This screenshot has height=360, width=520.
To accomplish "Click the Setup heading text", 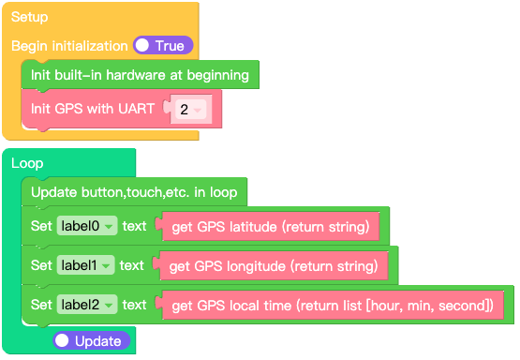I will pos(29,17).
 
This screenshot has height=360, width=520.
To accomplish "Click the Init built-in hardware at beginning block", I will pos(140,74).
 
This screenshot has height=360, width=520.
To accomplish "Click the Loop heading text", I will pos(27,163).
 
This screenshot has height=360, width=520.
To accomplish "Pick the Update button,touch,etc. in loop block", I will pos(134,192).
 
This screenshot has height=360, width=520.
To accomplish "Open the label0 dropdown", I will pos(85,226).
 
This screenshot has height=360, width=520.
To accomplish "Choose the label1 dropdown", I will pos(85,265).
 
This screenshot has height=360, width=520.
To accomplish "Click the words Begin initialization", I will pos(69,45).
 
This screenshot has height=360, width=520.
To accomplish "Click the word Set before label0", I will pos(41,226).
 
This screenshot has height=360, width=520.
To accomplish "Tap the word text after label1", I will pos(132,265).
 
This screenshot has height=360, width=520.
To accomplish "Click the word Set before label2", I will pos(41,305).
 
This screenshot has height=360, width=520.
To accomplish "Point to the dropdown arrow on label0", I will pos(109,227).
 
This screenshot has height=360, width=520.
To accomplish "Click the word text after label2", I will pos(135,305).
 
